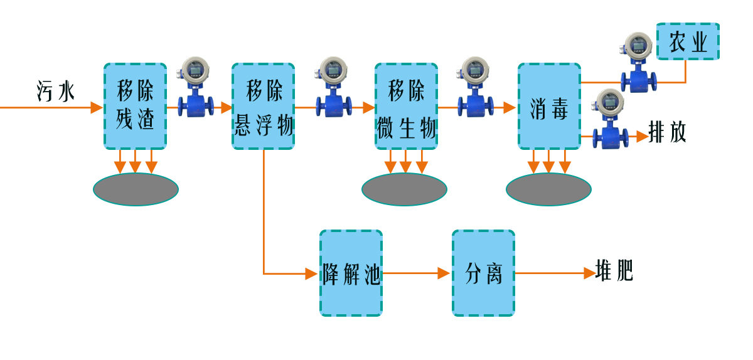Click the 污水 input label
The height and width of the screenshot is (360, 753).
(x=55, y=92)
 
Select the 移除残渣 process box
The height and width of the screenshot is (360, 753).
(x=135, y=106)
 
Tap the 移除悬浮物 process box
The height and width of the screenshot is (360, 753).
(x=263, y=106)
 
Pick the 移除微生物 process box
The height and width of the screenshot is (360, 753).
(x=406, y=106)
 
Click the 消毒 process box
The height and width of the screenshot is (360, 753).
(x=549, y=106)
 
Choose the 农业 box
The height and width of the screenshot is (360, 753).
(x=688, y=42)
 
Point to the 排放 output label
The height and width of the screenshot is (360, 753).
(x=668, y=133)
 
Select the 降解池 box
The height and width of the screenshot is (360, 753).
(x=351, y=273)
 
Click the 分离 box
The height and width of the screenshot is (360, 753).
(x=483, y=273)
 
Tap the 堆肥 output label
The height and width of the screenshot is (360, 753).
(x=614, y=272)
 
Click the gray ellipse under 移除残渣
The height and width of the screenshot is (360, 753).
(x=136, y=189)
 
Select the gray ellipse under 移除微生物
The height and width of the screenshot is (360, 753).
(x=404, y=189)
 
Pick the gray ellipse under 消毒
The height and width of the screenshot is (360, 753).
(x=548, y=189)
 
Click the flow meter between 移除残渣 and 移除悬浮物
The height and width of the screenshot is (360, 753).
(x=195, y=88)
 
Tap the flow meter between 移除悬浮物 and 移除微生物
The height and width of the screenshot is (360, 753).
(x=333, y=88)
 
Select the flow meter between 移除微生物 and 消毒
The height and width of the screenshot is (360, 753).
(x=475, y=88)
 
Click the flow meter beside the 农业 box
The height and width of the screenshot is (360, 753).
(x=639, y=63)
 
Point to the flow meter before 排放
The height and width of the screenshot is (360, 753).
(x=611, y=119)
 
